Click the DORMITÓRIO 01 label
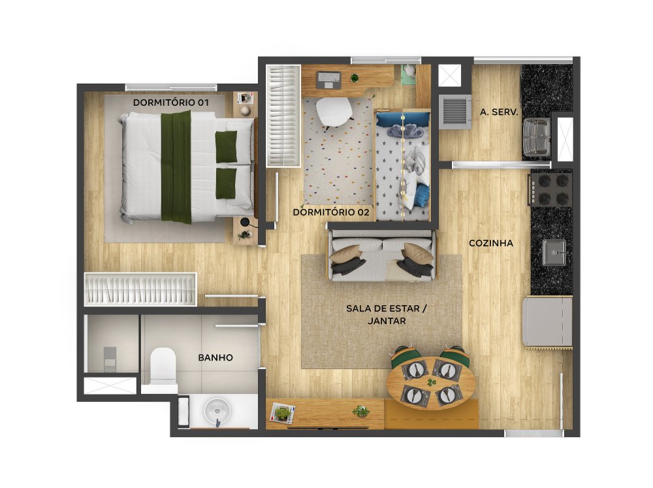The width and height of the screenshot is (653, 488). point(170,103)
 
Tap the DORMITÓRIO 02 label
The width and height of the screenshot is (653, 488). point(331,212)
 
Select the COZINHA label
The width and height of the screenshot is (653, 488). point(491,243)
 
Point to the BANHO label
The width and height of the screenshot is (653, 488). point(215,357)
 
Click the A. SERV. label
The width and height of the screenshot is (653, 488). point(499,112)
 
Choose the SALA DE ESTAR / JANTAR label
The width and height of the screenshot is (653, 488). point(387,315)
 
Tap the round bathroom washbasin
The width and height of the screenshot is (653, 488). point(217,411)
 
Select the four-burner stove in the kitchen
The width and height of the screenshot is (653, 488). point(551,189)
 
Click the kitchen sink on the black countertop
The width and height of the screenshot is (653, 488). point(554,253)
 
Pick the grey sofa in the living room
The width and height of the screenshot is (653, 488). point(382,255)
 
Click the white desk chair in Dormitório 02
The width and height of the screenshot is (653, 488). point(334,111)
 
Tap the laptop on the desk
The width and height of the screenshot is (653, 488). point(329,80)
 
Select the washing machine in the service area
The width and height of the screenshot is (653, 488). point(454,112)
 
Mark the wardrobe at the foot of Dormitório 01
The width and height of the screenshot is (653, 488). point(140,289)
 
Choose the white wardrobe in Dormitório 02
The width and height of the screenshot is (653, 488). point(283,116)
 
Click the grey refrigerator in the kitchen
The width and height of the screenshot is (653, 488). point(547,321)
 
